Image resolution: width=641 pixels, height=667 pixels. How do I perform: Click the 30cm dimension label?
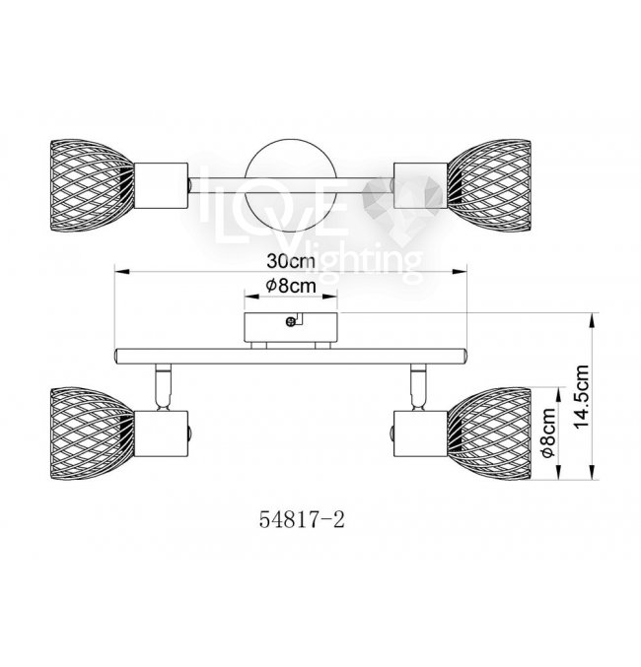click(x=291, y=261)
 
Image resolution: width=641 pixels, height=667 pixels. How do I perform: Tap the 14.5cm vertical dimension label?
click(x=582, y=397)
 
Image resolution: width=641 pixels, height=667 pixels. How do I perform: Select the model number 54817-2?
click(x=302, y=519)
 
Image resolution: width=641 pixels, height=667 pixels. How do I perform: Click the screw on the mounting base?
click(x=291, y=322)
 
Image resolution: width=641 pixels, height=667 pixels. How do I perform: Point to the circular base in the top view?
click(x=291, y=186)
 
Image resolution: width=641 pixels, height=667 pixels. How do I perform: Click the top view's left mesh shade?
click(x=92, y=186)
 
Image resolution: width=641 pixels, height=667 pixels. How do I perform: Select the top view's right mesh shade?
click(x=489, y=186)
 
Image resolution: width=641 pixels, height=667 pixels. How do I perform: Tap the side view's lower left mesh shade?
click(x=92, y=434)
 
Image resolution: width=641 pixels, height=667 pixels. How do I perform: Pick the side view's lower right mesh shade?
click(x=489, y=434)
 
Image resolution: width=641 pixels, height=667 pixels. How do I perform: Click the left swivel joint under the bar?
click(x=163, y=387)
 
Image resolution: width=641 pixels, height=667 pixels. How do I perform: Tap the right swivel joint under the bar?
click(x=418, y=387)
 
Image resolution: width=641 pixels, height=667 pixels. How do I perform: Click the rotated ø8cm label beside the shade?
click(x=548, y=433)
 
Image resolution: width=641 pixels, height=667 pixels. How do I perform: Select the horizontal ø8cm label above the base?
click(x=291, y=286)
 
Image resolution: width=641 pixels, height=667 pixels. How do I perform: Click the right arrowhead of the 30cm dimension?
click(x=460, y=271)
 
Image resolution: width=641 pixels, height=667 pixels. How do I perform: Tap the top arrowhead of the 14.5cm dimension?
click(x=593, y=320)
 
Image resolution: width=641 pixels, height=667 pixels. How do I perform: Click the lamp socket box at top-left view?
click(x=161, y=186)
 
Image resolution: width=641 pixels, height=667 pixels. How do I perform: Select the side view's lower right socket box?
click(x=421, y=434)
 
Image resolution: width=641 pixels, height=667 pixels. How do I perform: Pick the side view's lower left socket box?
click(x=161, y=434)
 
